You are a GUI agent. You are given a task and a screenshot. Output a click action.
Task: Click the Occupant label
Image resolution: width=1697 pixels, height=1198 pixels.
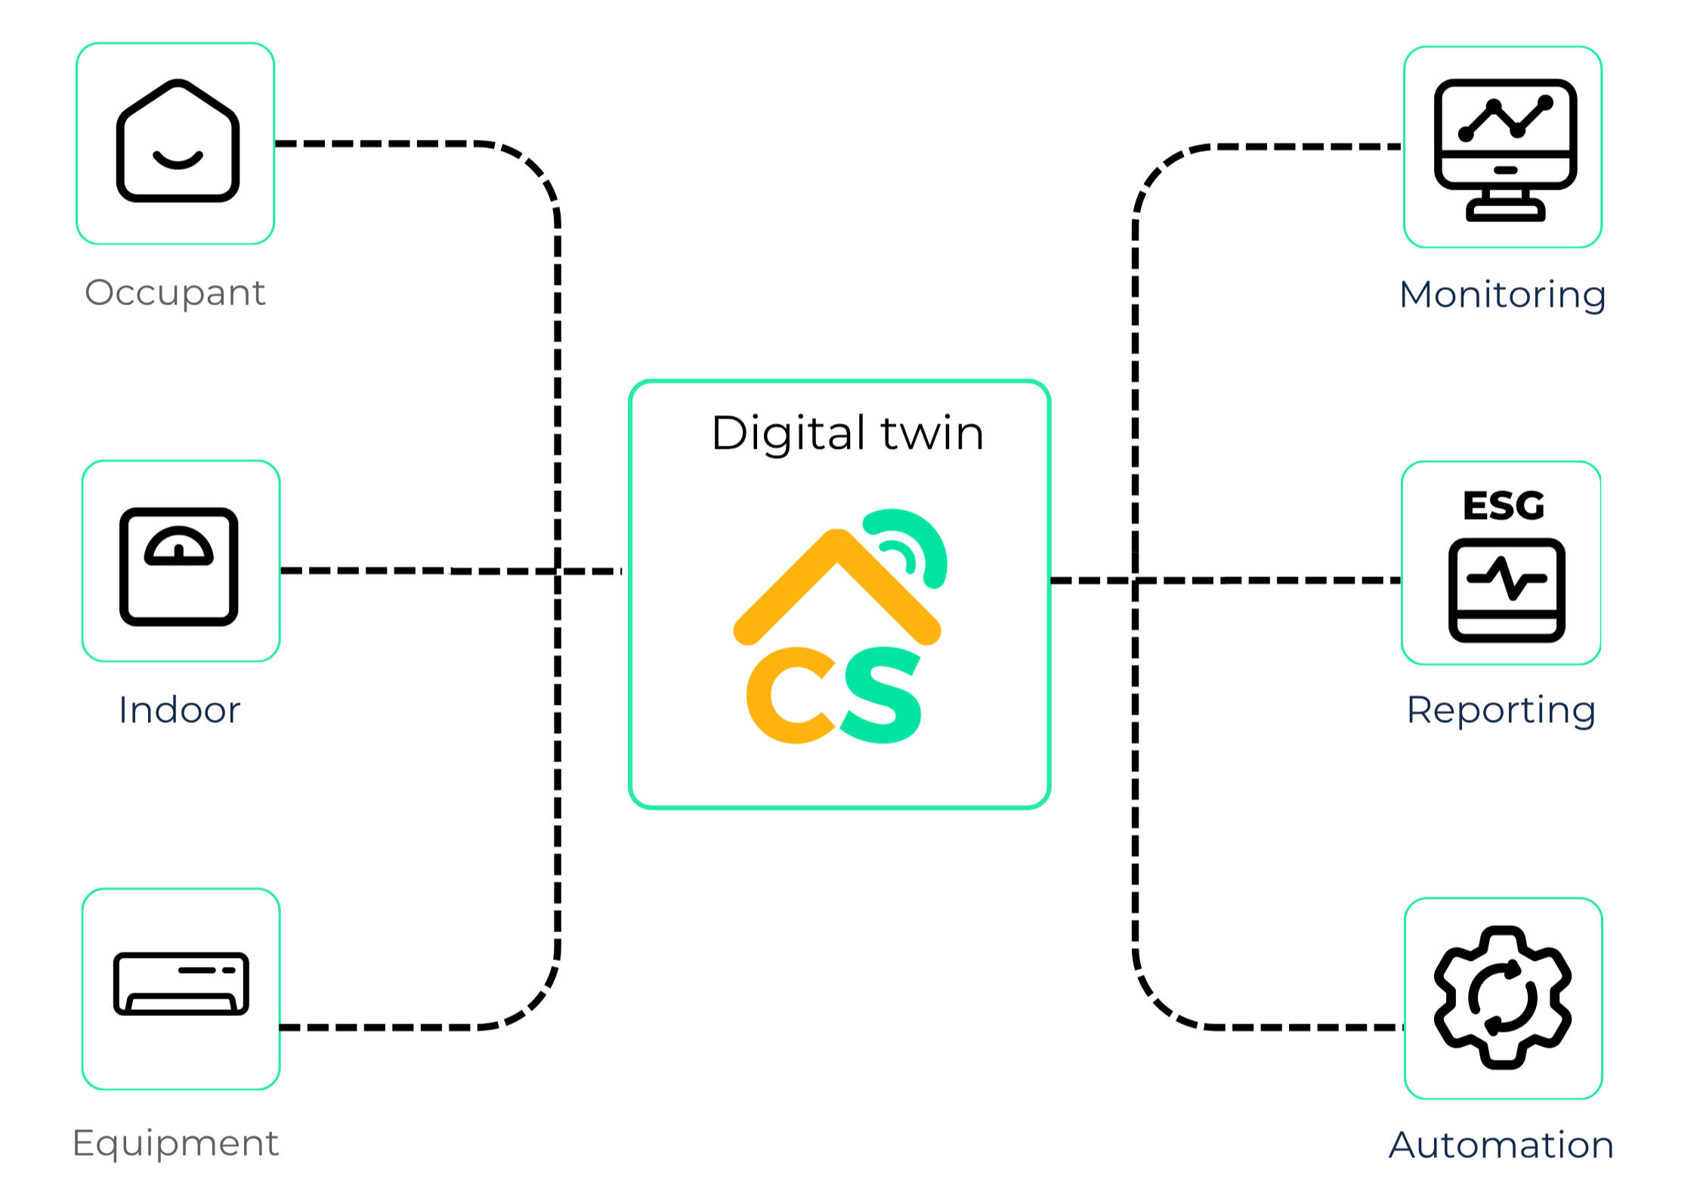(175, 293)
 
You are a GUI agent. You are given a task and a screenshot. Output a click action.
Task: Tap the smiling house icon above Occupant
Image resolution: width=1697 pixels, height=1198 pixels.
(178, 142)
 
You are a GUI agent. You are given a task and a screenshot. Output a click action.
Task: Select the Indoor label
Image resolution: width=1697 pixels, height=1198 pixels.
(180, 710)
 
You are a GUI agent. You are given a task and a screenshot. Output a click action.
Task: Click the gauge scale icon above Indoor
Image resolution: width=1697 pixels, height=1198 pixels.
(179, 566)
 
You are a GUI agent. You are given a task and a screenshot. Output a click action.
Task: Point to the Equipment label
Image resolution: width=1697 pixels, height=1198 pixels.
(175, 1143)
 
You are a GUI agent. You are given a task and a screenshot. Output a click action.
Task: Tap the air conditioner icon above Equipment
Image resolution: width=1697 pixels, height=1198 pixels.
(181, 983)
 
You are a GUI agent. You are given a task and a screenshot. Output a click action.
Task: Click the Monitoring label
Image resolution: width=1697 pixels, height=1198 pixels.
(1502, 295)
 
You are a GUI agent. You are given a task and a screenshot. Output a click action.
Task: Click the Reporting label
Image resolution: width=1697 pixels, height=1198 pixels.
(1501, 710)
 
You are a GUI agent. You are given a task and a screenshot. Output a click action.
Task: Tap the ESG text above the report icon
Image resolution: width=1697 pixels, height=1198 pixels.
(1503, 505)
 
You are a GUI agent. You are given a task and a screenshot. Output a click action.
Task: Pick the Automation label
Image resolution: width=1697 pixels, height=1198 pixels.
(1501, 1145)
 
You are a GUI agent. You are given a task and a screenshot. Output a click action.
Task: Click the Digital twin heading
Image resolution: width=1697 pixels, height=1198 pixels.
(847, 434)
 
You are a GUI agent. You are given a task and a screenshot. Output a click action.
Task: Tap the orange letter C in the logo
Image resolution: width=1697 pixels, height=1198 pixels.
(786, 695)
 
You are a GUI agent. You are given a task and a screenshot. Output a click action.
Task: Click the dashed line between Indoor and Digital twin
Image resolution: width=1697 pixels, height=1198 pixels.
(453, 571)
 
